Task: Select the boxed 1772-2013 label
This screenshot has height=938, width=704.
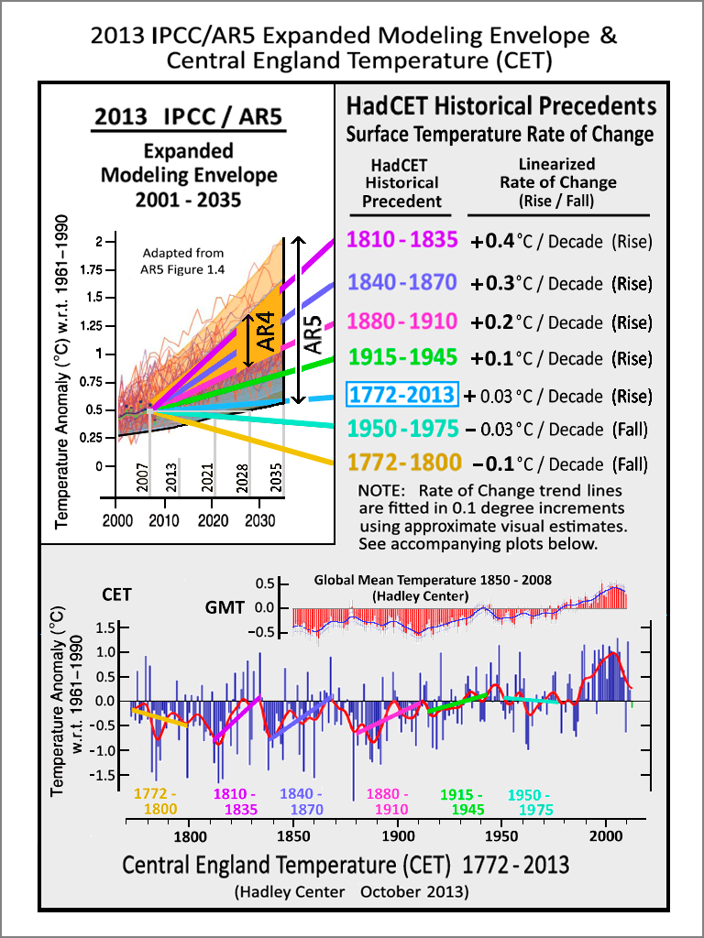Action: [401, 395]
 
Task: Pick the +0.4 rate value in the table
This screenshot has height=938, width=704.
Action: [493, 243]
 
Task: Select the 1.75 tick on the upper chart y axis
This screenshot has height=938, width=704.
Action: [91, 270]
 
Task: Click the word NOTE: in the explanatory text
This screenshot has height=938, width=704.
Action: [379, 491]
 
